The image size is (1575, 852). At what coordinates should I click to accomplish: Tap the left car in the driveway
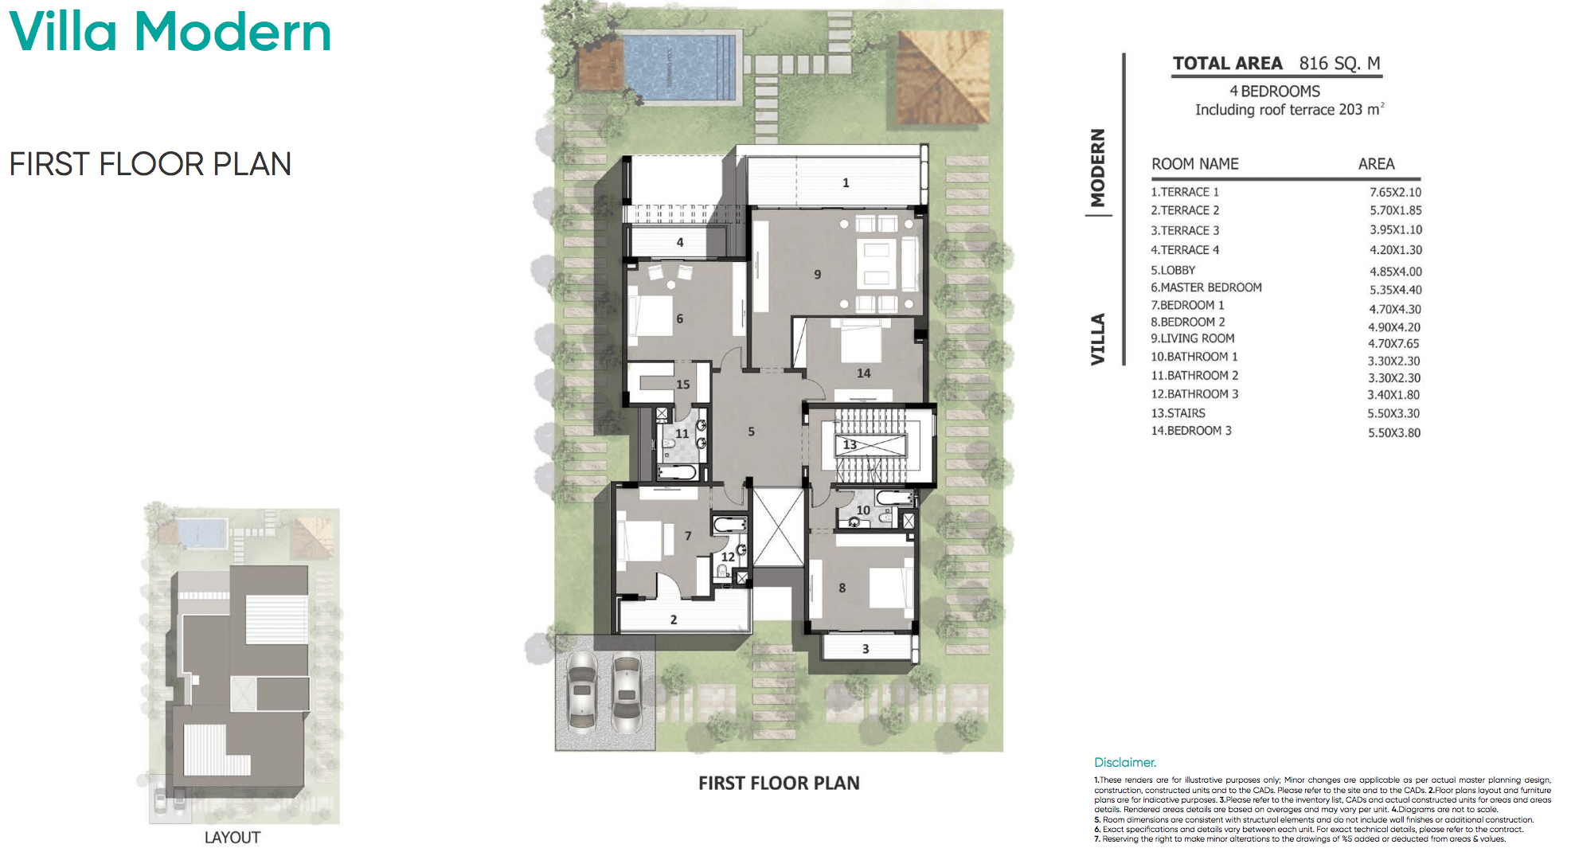(x=582, y=691)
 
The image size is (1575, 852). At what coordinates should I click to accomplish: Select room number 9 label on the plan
(x=817, y=275)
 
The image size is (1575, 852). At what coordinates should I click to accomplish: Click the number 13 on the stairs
(x=850, y=444)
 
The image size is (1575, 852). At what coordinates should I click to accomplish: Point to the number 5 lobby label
(x=751, y=432)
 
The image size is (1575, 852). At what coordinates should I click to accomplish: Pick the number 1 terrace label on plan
(x=846, y=183)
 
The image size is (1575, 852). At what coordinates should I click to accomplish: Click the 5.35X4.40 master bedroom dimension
(x=1395, y=290)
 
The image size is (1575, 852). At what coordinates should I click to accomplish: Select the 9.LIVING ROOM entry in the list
(x=1192, y=338)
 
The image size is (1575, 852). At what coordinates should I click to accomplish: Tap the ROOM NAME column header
(x=1194, y=164)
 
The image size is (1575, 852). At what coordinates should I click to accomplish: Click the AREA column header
(x=1376, y=164)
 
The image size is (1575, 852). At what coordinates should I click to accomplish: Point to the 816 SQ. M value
(x=1339, y=64)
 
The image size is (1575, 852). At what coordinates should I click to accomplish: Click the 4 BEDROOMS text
(x=1274, y=92)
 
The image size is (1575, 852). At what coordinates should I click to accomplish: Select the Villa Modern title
(x=170, y=32)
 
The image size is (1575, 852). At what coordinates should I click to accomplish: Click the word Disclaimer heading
(x=1124, y=763)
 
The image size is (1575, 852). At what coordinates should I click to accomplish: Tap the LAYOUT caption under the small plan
(x=232, y=838)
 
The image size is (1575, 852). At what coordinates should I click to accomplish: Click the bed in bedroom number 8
(x=890, y=588)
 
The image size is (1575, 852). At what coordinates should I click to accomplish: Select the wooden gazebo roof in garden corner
(x=944, y=77)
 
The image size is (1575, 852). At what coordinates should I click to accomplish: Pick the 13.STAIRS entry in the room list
(x=1178, y=413)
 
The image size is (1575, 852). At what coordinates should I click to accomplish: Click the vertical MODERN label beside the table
(x=1098, y=168)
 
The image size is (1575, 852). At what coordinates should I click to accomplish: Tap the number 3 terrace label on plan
(x=866, y=649)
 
